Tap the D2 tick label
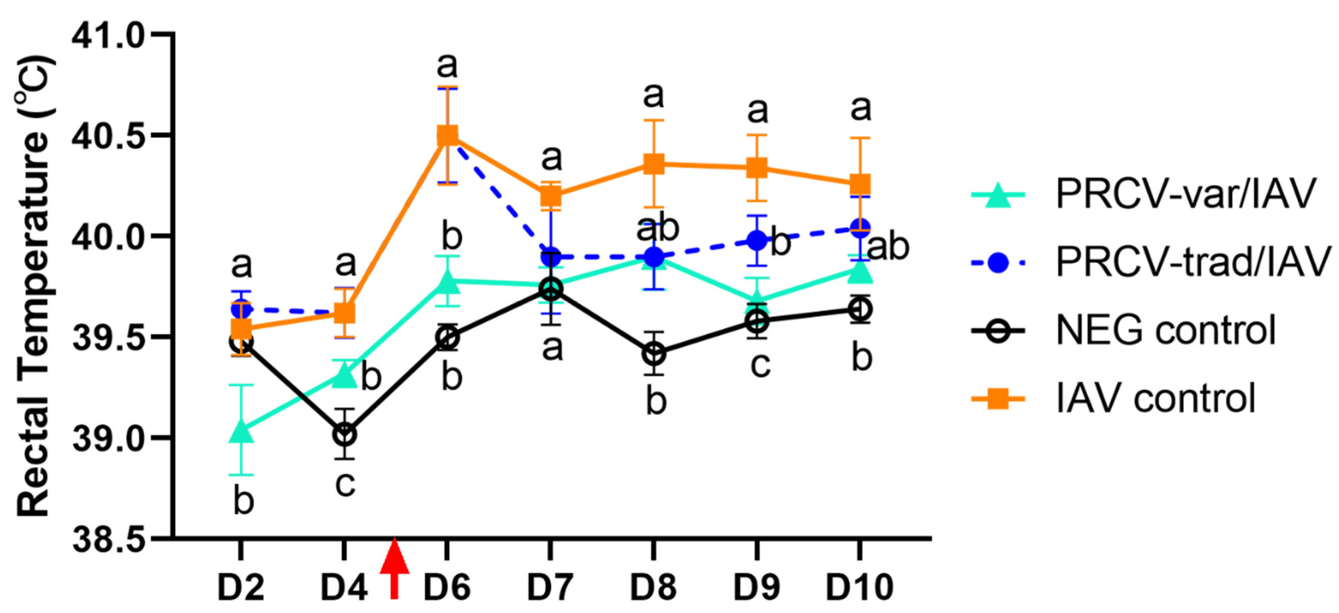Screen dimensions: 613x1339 pos(241,587)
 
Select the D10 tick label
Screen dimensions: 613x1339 pos(859,587)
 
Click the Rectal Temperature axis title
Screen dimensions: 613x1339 pos(34,286)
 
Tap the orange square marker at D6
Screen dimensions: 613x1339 pos(447,135)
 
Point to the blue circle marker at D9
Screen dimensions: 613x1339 pos(757,240)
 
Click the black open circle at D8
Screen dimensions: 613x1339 pos(654,354)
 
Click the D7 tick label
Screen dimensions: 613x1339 pos(550,587)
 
